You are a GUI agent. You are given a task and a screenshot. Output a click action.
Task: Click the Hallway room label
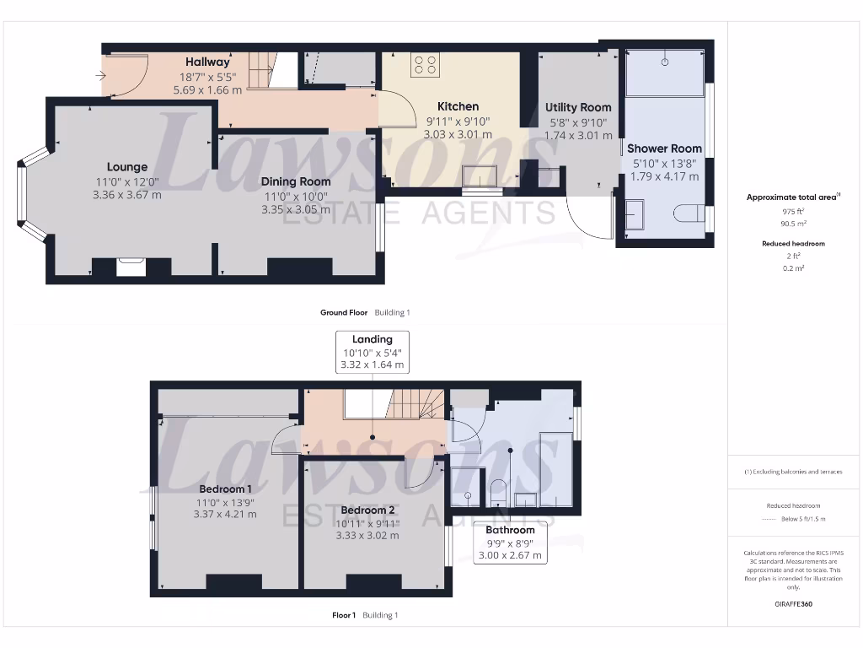(207, 62)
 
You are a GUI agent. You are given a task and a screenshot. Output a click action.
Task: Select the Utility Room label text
(578, 107)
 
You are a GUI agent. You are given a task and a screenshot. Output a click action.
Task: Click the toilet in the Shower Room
(689, 213)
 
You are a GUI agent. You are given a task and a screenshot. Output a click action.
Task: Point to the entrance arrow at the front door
(101, 76)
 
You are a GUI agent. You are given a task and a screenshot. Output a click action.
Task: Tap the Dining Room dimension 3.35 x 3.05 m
(295, 210)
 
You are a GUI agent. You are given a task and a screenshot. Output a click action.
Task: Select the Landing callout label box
(373, 353)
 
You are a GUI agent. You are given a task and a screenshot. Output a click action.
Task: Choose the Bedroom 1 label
(225, 489)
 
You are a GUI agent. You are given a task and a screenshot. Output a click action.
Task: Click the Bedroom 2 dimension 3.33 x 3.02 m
(367, 535)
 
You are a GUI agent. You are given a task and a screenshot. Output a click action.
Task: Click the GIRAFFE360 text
(792, 604)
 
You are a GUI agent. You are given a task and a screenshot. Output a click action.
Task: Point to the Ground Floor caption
(344, 312)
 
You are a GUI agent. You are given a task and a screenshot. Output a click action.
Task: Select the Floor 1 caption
(344, 615)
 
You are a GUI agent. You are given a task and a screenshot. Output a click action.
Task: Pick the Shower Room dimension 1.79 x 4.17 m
(664, 176)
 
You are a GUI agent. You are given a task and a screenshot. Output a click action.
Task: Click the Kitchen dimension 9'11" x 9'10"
(458, 121)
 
